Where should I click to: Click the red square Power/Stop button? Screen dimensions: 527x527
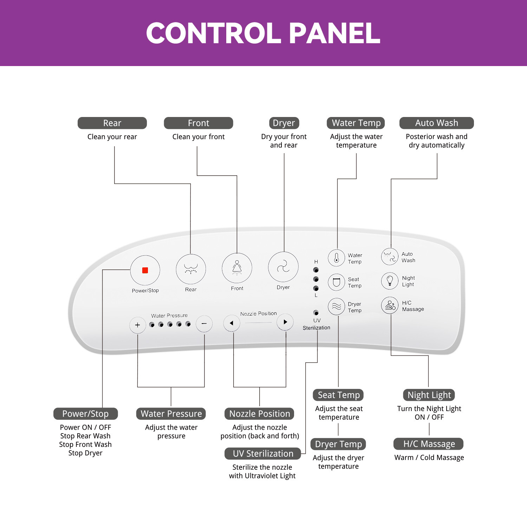click(145, 270)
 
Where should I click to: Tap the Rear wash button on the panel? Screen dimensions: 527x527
click(191, 269)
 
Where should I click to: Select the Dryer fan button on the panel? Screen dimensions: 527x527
click(283, 267)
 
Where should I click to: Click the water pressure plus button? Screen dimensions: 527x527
click(137, 325)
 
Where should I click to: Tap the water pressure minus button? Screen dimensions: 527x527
click(204, 324)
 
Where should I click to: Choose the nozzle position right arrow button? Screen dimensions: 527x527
click(285, 322)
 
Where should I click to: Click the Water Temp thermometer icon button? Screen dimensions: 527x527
click(337, 258)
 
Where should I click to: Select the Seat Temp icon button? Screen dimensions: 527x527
click(337, 282)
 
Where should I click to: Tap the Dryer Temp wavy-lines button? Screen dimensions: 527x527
click(337, 306)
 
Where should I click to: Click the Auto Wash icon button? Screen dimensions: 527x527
click(390, 256)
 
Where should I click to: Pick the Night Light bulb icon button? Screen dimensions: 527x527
click(390, 281)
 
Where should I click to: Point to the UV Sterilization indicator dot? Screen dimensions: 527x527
click(316, 313)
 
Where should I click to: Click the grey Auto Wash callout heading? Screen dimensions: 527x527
click(436, 123)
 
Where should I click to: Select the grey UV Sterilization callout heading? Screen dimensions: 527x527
click(263, 454)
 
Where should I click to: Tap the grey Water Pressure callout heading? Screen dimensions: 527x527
click(171, 414)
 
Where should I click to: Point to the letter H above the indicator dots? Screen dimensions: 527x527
click(316, 262)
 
